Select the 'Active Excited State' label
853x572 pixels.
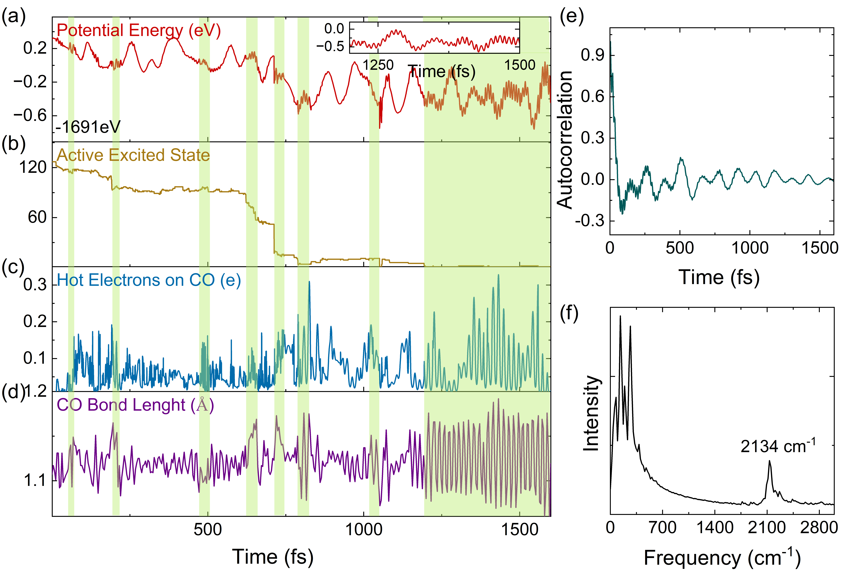coord(133,155)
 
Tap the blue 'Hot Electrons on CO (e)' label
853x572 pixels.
coord(149,280)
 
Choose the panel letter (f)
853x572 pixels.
coord(569,314)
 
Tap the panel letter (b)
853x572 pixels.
coord(14,143)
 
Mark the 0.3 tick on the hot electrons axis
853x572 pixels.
coord(35,285)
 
